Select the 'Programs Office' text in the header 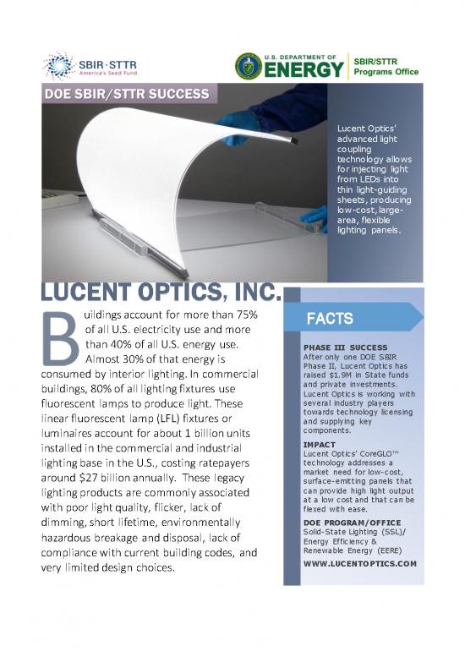click(386, 72)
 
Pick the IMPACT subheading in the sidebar click(320, 444)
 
